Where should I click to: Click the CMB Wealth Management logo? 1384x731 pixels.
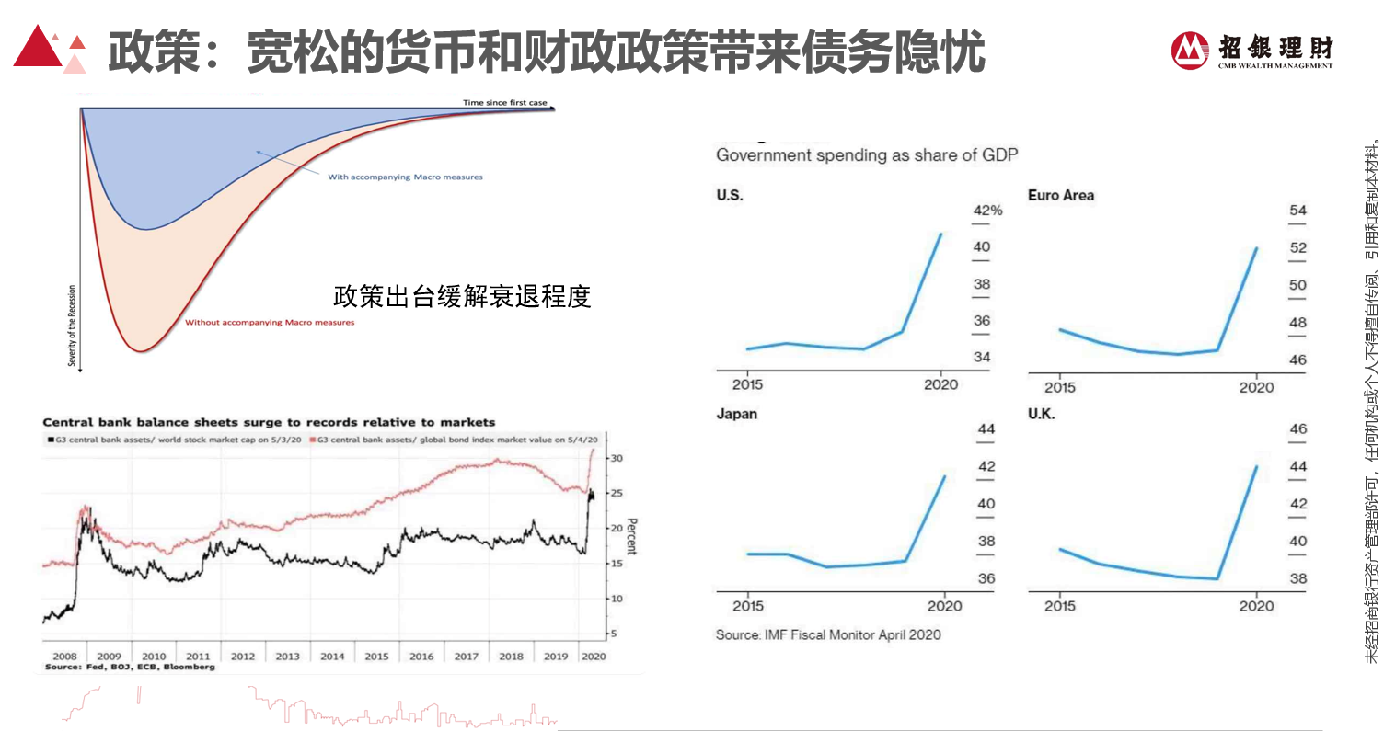[1252, 51]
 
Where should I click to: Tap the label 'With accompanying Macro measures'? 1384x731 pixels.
[405, 177]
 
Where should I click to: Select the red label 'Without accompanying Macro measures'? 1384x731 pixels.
[270, 323]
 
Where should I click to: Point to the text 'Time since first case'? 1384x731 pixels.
[505, 103]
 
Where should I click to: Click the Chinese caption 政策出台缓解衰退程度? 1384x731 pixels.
[462, 296]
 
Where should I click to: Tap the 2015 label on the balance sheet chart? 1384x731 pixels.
[376, 657]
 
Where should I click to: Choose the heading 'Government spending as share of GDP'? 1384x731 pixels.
[867, 155]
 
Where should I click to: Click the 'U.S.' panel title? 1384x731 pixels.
[729, 196]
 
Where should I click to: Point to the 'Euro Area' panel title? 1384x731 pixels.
[1060, 196]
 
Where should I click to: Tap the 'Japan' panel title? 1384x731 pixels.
[736, 414]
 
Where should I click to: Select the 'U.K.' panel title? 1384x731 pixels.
[1041, 414]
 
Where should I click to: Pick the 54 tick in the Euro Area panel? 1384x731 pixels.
[1297, 211]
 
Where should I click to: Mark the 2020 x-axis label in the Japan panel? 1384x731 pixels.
[944, 606]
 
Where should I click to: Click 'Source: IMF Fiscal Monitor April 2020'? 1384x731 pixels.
[828, 634]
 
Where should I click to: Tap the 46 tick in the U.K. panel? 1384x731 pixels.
[1298, 429]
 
